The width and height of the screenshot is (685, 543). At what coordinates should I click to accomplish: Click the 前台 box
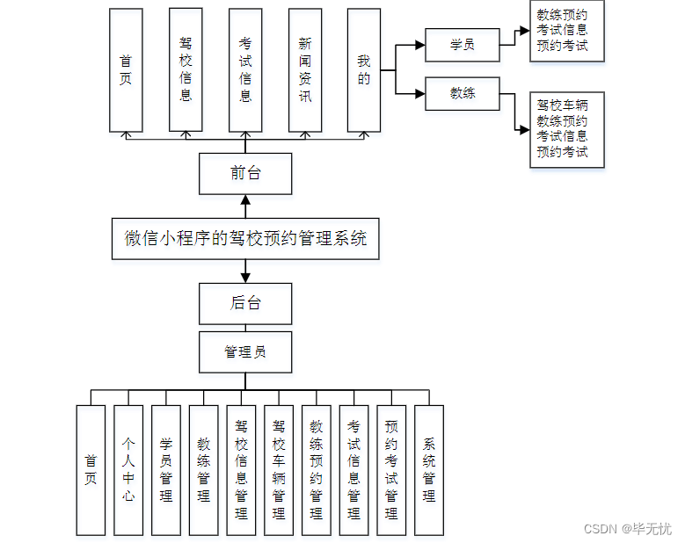[x=245, y=173]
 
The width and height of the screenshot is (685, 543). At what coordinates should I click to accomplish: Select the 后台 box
[x=245, y=304]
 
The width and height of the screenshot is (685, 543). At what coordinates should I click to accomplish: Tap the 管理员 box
[x=245, y=352]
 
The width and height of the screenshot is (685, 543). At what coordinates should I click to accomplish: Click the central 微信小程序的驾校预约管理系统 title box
[x=245, y=237]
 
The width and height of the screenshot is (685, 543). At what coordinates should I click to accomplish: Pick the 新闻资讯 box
[x=304, y=70]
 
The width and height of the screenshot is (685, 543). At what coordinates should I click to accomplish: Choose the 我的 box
[x=363, y=70]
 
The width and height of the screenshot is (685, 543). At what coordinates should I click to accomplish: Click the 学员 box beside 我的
[x=462, y=45]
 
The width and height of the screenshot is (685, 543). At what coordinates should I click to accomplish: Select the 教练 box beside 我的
[x=462, y=93]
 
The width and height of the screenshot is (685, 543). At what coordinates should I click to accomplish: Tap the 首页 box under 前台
[x=126, y=70]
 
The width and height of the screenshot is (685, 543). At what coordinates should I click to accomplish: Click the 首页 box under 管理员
[x=91, y=470]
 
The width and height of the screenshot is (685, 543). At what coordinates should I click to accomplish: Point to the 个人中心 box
[x=128, y=470]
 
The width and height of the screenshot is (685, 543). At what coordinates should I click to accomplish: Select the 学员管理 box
[x=166, y=470]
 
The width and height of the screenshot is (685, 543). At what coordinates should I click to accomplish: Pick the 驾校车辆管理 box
[x=279, y=470]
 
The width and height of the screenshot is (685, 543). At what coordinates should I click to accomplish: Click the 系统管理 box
[x=429, y=470]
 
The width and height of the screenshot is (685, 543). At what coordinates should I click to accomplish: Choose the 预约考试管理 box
[x=391, y=470]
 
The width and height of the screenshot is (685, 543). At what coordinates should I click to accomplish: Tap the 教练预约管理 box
[x=317, y=470]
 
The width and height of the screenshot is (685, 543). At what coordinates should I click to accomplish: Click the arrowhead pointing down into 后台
[x=245, y=278]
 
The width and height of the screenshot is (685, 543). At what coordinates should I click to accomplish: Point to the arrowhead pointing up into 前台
[x=245, y=199]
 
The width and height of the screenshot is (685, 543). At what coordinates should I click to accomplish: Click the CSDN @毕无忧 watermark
[x=627, y=529]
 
